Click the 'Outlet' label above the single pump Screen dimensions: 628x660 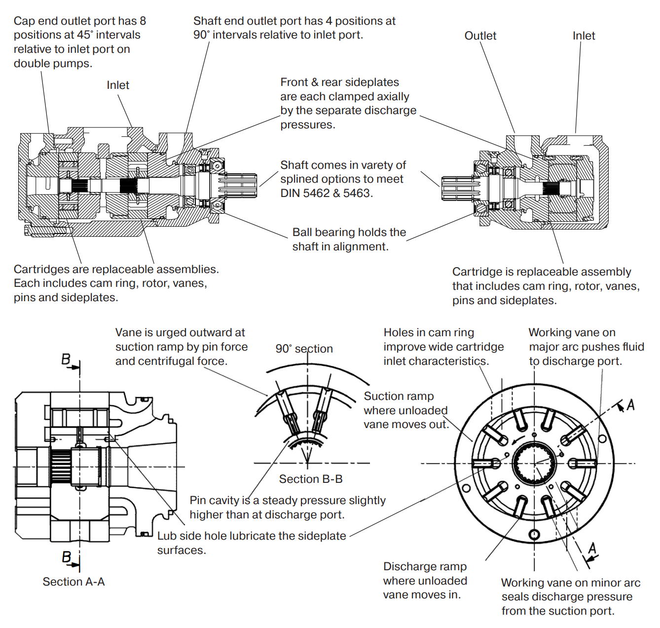[x=480, y=36]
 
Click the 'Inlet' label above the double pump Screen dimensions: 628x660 [x=118, y=85]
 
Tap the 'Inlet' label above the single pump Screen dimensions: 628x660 [x=584, y=36]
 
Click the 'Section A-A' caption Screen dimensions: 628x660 [x=73, y=582]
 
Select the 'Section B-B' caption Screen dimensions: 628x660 [x=311, y=479]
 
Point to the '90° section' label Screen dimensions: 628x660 [x=304, y=349]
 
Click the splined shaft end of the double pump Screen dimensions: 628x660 [x=239, y=186]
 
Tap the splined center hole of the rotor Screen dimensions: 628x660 [x=534, y=464]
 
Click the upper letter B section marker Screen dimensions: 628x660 [x=66, y=359]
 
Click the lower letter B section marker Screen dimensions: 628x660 [x=67, y=557]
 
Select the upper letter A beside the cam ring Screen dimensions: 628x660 [x=630, y=406]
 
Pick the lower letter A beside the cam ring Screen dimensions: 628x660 [x=592, y=548]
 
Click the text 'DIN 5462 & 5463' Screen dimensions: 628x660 [x=326, y=194]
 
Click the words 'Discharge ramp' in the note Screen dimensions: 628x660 [x=425, y=567]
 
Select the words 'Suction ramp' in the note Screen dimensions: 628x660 [x=399, y=396]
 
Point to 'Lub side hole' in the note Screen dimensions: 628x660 [x=190, y=536]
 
